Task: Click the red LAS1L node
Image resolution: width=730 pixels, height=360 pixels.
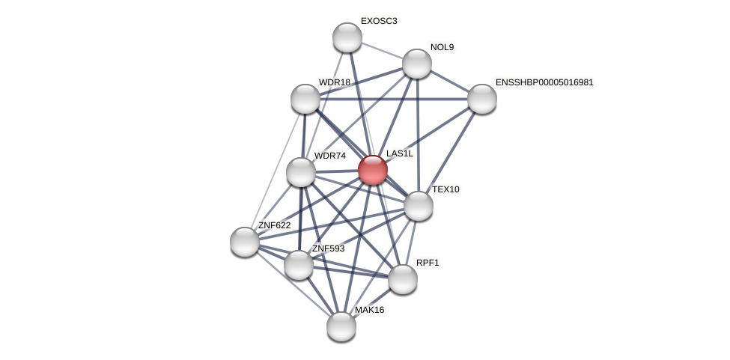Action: (372, 170)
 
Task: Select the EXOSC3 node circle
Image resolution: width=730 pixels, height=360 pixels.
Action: (347, 37)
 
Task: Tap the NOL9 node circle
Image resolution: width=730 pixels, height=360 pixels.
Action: (417, 64)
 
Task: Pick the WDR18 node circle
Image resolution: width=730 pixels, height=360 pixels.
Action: (305, 99)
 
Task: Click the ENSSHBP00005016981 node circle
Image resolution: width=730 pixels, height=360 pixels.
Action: (482, 99)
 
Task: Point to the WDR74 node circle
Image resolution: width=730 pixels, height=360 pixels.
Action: (301, 172)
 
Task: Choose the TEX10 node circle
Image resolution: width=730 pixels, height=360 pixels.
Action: (419, 206)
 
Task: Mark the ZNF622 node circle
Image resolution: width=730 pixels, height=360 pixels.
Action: (245, 242)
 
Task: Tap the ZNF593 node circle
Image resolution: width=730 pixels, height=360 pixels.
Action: (299, 265)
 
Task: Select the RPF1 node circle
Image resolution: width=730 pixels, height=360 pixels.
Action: (403, 279)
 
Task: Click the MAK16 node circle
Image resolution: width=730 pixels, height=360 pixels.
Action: (341, 326)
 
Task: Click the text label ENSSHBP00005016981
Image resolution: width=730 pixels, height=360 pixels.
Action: (544, 82)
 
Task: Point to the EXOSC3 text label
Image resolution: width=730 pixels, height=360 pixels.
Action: (379, 21)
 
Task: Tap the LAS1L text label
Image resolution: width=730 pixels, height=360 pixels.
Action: (399, 153)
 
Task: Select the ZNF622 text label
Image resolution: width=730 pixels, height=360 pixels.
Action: (274, 225)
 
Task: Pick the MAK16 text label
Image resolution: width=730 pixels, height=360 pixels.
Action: (369, 310)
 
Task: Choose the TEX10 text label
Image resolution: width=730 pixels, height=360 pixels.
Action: (445, 189)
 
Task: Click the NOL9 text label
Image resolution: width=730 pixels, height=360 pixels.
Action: (442, 47)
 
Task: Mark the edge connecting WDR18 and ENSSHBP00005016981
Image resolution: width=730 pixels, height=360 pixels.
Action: (394, 99)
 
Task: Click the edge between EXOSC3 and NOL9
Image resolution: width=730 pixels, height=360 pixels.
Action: (382, 50)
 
